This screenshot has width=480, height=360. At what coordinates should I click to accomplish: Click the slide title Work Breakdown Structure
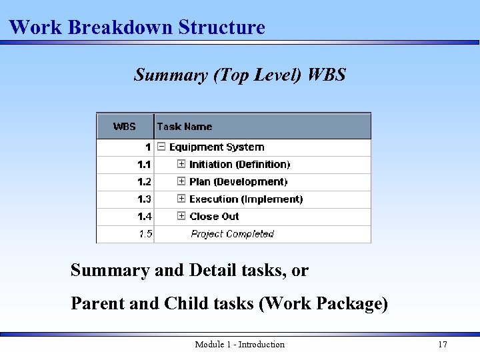coord(137,27)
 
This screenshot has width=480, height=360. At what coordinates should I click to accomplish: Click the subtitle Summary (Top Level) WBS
coord(240,75)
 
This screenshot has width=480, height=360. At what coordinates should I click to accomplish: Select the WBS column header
coord(125,127)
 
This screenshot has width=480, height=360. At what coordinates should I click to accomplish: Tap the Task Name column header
coord(185,127)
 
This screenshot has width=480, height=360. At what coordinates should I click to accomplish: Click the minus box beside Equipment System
coord(161,147)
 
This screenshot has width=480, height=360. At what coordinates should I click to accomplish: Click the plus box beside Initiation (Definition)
coord(181,164)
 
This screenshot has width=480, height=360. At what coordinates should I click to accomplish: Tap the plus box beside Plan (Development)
coord(181,181)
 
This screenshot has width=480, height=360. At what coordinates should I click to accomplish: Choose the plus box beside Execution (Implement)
coord(181,199)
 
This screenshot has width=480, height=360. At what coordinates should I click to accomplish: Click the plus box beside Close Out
coord(181,216)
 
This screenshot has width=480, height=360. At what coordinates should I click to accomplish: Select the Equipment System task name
coord(217,147)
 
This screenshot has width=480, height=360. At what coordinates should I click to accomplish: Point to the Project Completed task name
coord(232,234)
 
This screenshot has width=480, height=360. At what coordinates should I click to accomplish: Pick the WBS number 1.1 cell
coord(144,165)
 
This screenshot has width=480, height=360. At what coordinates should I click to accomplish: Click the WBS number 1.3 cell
coord(144,199)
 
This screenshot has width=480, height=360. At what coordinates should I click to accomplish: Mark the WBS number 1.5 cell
coord(145,234)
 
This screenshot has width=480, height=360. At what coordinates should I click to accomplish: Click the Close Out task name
coord(214,217)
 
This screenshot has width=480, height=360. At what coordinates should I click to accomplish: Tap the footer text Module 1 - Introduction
coord(239,345)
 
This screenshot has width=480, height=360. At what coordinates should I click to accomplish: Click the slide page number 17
coord(442,345)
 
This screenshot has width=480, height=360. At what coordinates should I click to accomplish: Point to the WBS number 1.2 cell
coord(144,182)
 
